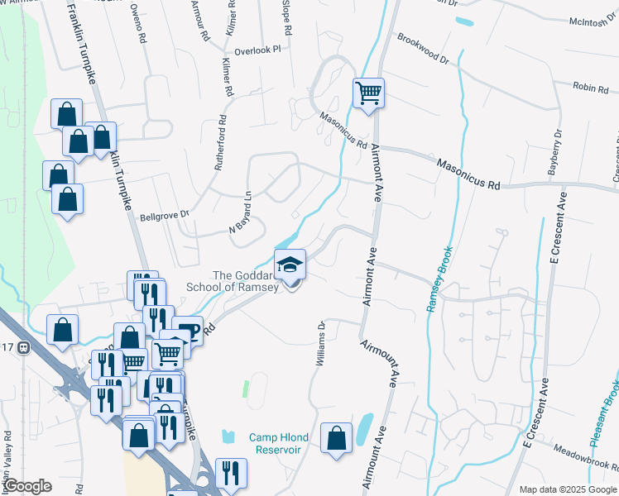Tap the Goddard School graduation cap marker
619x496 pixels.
(x=290, y=265)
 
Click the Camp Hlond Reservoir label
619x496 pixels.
(x=279, y=443)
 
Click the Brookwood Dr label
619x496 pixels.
(x=422, y=49)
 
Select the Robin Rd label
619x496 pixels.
(x=590, y=86)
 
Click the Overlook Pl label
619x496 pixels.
(x=257, y=50)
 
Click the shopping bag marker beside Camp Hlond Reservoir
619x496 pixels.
(x=335, y=439)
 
